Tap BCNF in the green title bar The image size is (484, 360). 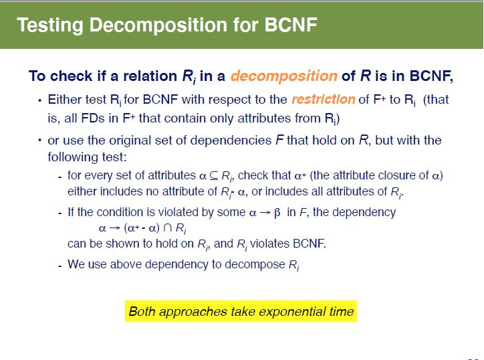289,25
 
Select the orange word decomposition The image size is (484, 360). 283,76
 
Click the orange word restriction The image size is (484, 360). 323,100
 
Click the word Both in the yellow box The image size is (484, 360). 142,311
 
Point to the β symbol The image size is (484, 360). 275,213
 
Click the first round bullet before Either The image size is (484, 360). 39,101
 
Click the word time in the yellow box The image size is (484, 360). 340,311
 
